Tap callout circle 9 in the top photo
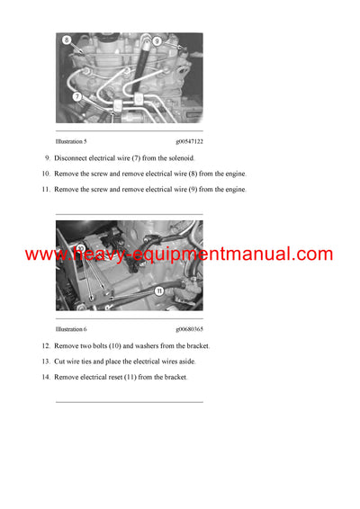[x=157, y=41]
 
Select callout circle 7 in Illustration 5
[x=77, y=95]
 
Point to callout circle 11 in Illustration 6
[x=158, y=291]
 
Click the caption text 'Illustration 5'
[x=71, y=141]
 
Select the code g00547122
[x=189, y=141]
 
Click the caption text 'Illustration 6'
[x=71, y=330]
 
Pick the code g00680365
[x=189, y=330]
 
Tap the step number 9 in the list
[x=47, y=158]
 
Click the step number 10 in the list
[x=45, y=174]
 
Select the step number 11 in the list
[x=45, y=190]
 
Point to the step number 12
[x=45, y=346]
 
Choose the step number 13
[x=45, y=362]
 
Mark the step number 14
[x=45, y=377]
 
